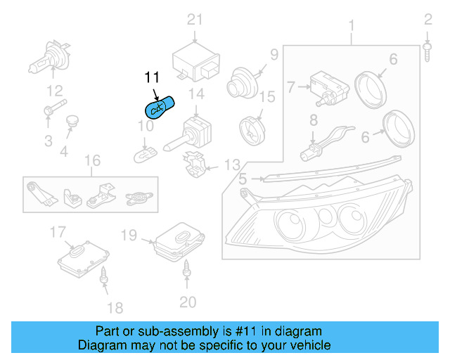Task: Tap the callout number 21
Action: click(x=194, y=20)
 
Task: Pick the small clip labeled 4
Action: click(x=70, y=124)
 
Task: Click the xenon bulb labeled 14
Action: click(x=188, y=134)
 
